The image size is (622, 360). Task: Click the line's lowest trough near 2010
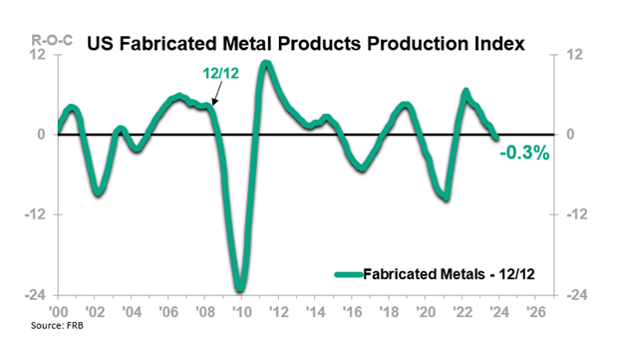coord(240,289)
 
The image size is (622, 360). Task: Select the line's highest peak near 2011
coord(266,64)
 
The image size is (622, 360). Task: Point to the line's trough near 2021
coord(446,197)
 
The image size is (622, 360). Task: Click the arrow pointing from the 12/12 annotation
coord(220,96)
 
